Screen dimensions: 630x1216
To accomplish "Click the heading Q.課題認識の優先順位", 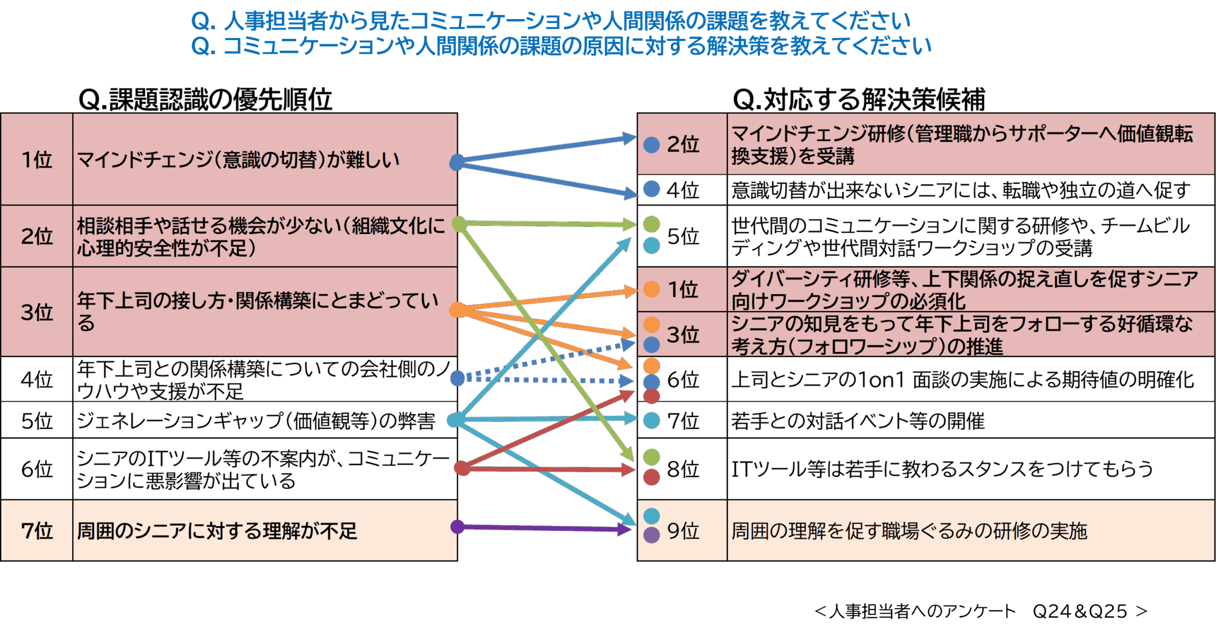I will pyautogui.click(x=205, y=100).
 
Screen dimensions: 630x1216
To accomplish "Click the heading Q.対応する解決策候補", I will pyautogui.click(x=859, y=100).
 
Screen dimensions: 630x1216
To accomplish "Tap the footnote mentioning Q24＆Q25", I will pyautogui.click(x=981, y=611).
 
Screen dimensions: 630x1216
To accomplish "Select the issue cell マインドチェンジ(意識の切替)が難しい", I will pyautogui.click(x=237, y=160).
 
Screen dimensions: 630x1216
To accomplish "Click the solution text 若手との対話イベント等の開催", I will pyautogui.click(x=857, y=421).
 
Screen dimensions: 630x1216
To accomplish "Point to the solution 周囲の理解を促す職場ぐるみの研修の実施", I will pyautogui.click(x=909, y=531).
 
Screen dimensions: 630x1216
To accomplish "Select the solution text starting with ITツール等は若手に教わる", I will pyautogui.click(x=942, y=469).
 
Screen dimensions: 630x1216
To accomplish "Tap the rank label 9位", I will pyautogui.click(x=683, y=531).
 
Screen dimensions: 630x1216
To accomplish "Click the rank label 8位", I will pyautogui.click(x=683, y=469).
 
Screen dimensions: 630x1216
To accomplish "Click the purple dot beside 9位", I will pyautogui.click(x=652, y=535).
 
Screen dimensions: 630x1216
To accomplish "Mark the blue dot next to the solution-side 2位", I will pyautogui.click(x=652, y=145).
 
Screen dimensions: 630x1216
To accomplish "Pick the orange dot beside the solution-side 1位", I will pyautogui.click(x=652, y=289).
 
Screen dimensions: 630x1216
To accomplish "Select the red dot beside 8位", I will pyautogui.click(x=652, y=477).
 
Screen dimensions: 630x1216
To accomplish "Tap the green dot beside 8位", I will pyautogui.click(x=652, y=457).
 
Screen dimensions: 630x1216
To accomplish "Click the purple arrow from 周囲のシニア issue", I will pyautogui.click(x=541, y=528).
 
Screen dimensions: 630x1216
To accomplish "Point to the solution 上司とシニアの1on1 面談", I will pyautogui.click(x=962, y=380).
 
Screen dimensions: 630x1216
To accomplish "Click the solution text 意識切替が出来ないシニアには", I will pyautogui.click(x=960, y=191).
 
